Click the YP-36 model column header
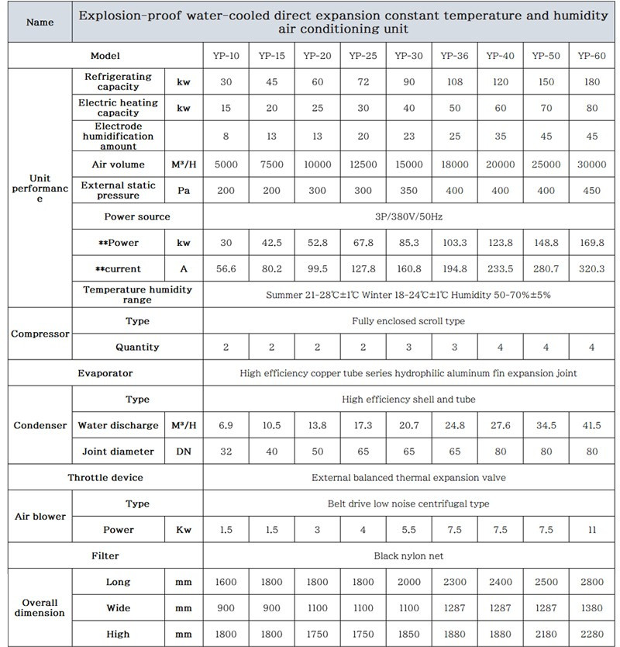pyautogui.click(x=454, y=56)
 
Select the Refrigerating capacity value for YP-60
pyautogui.click(x=592, y=81)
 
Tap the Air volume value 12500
pyautogui.click(x=363, y=164)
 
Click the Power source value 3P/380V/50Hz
pyautogui.click(x=408, y=216)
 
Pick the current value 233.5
pyautogui.click(x=500, y=269)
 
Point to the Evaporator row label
pyautogui.click(x=105, y=373)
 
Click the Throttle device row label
pyautogui.click(x=105, y=477)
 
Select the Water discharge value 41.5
pyautogui.click(x=592, y=425)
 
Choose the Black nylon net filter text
pyautogui.click(x=408, y=555)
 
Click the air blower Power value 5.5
pyautogui.click(x=408, y=530)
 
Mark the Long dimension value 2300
pyautogui.click(x=454, y=582)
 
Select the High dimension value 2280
pyautogui.click(x=592, y=634)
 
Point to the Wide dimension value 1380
pyautogui.click(x=592, y=608)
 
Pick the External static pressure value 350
pyautogui.click(x=408, y=191)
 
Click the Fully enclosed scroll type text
pyautogui.click(x=408, y=321)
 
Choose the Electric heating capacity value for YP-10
pyautogui.click(x=226, y=108)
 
